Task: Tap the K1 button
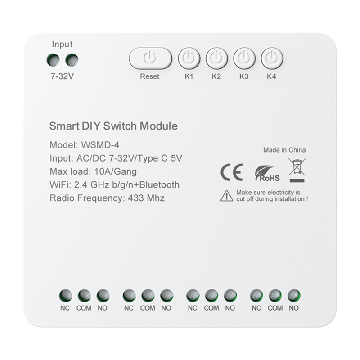coord(189,58)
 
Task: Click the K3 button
coord(244,58)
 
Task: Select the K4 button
coord(272,58)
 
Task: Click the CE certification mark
coord(232,172)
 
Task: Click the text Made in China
coord(284,150)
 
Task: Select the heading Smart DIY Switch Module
coord(113,126)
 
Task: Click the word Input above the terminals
coord(62,44)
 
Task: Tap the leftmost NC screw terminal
coord(65,295)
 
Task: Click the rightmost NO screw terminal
coord(294,295)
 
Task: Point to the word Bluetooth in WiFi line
coord(157,184)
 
